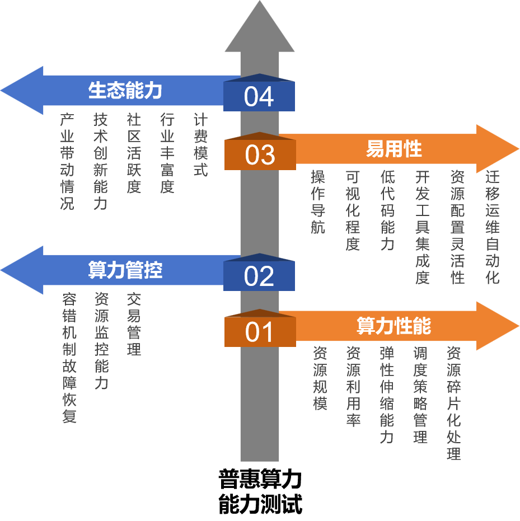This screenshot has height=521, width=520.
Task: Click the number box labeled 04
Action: coord(259,97)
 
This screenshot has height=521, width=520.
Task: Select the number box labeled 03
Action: coord(260,155)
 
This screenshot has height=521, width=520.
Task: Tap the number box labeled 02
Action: coord(259,276)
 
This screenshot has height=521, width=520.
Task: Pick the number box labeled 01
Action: coord(260,332)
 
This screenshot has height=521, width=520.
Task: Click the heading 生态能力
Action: coord(125,91)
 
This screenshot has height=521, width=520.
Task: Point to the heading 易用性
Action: coord(393,149)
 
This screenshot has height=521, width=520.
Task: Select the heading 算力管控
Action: coord(125,270)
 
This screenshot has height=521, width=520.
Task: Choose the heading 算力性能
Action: coord(393,326)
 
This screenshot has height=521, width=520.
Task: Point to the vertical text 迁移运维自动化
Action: coord(492,227)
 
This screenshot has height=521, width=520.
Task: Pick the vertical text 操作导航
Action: coord(318,202)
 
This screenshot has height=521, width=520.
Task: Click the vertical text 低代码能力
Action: coord(387,210)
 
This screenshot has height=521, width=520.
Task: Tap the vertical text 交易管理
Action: coord(134,324)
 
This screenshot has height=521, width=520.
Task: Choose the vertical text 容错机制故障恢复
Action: coord(69,358)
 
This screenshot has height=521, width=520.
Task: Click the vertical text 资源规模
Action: coord(320,378)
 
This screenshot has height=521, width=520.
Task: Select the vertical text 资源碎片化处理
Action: coord(453,403)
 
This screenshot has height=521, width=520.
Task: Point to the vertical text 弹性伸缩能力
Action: coord(387,395)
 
